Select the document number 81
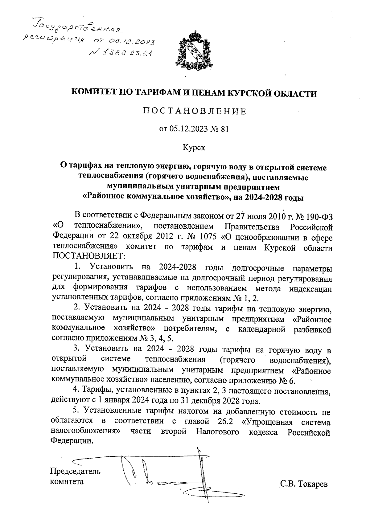coord(225,130)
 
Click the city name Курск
coord(194,148)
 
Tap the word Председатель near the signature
coord(75,471)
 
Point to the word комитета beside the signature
coord(67,481)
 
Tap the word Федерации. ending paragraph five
coord(72,441)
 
